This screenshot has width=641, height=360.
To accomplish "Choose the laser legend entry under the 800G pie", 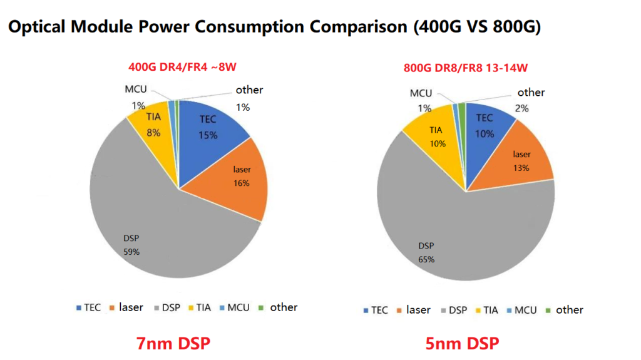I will [x=413, y=310].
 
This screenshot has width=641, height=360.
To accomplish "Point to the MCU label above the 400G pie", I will [x=136, y=89].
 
